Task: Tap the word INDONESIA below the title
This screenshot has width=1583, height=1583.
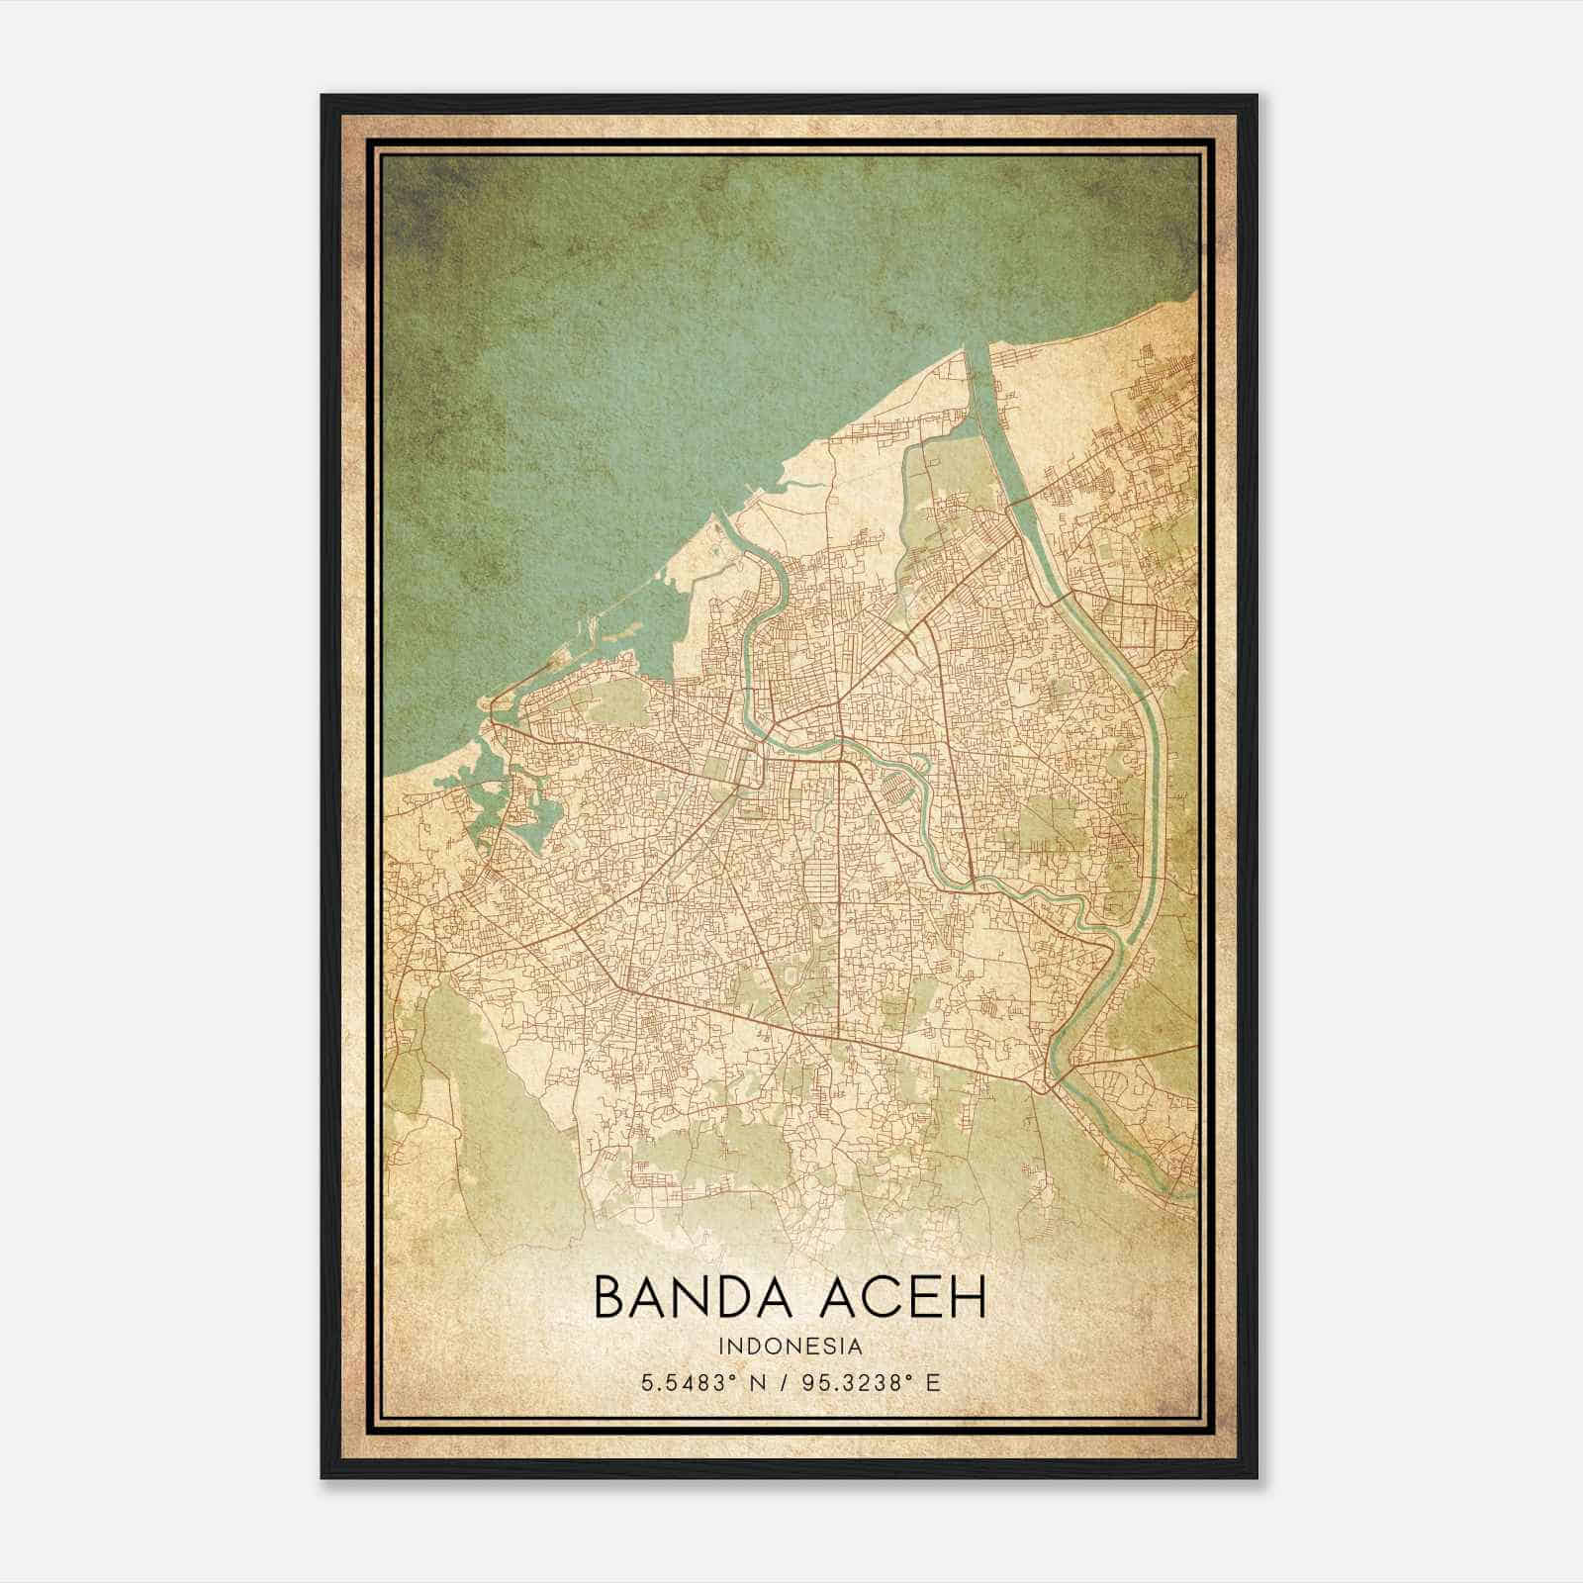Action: (x=791, y=1347)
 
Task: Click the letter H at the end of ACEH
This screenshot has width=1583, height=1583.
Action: (x=968, y=1298)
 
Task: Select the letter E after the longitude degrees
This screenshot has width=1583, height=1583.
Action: (x=932, y=1383)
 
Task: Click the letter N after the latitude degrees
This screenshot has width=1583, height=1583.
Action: (x=757, y=1383)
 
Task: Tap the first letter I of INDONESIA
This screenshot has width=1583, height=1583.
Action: (x=724, y=1347)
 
